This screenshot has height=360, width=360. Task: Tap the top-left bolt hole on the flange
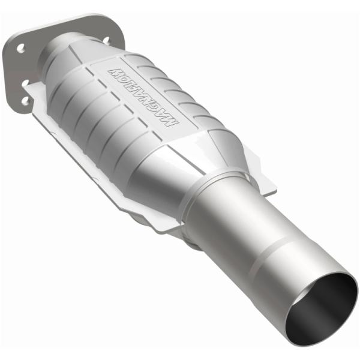[20, 47]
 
